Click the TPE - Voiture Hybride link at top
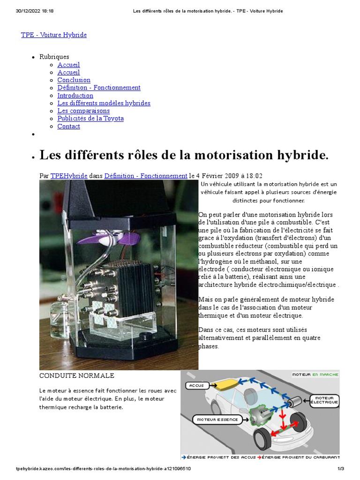point(53,35)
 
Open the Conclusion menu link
point(74,80)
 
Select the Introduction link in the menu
point(75,96)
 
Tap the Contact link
point(68,127)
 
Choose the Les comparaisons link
point(83,111)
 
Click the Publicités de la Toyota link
point(90,119)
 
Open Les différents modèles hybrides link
point(104,103)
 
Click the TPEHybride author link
point(69,176)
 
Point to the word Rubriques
point(54,57)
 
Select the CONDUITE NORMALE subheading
point(76,376)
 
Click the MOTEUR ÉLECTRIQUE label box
point(324,400)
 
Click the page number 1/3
point(341,469)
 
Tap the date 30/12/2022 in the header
point(35,11)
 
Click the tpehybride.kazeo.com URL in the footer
point(103,469)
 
